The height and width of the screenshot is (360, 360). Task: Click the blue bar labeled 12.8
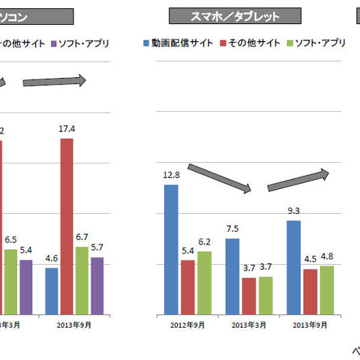171,249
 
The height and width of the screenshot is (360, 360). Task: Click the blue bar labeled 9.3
293,267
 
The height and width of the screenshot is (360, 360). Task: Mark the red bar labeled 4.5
309,292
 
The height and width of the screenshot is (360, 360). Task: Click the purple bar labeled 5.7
97,286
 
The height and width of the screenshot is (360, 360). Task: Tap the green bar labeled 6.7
82,280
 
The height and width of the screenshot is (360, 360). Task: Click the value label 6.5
10,240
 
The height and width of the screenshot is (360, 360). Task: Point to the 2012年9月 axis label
187,325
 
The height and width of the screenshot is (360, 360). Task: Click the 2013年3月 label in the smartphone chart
248,325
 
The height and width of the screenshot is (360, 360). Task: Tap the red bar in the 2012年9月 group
187,287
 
